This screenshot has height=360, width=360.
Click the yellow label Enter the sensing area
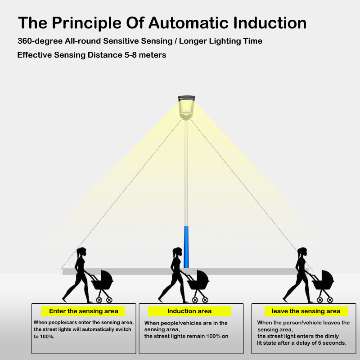pyautogui.click(x=83, y=311)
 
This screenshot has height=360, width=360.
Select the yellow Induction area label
pyautogui.click(x=189, y=311)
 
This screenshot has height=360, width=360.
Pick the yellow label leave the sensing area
pyautogui.click(x=306, y=311)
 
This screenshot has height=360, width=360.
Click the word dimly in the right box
pyautogui.click(x=329, y=336)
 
